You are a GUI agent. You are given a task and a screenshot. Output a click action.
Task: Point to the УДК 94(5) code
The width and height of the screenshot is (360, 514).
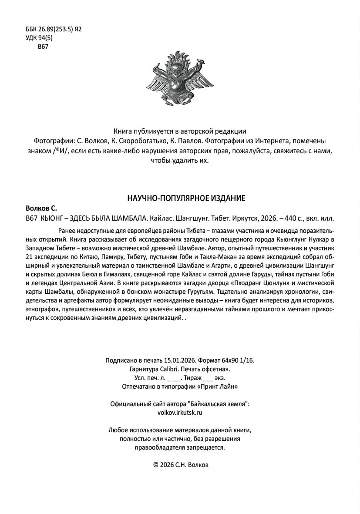(39, 38)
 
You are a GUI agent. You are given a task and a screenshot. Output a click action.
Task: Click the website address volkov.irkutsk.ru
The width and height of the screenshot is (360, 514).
(180, 413)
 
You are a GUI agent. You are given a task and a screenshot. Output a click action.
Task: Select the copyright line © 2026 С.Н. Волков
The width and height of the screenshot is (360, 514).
(180, 465)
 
